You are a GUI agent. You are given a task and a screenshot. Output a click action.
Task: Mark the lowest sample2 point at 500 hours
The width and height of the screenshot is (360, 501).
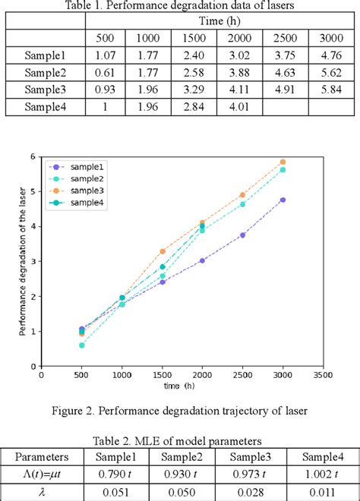pos(82,345)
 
